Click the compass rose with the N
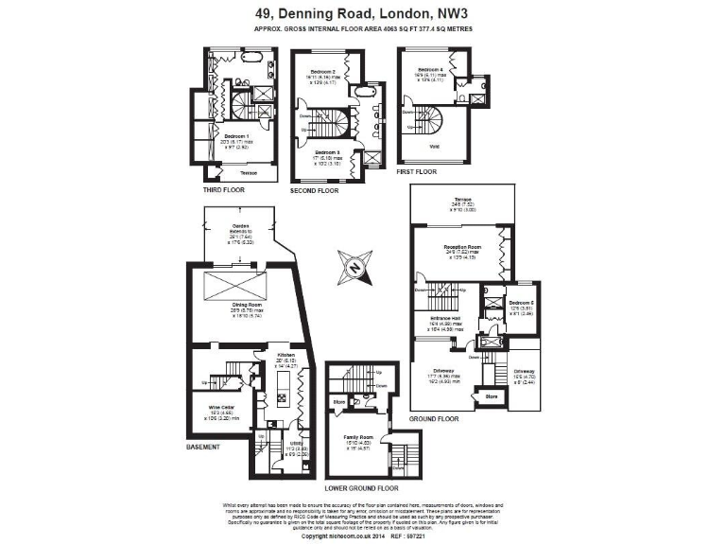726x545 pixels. [x=354, y=268]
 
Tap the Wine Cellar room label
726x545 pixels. [x=220, y=408]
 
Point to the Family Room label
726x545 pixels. [x=357, y=437]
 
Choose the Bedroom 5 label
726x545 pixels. [x=519, y=301]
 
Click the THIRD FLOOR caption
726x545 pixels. [x=224, y=190]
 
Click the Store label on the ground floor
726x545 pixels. [x=492, y=396]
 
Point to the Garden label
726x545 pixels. [x=240, y=225]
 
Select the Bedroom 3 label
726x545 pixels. [x=326, y=152]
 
